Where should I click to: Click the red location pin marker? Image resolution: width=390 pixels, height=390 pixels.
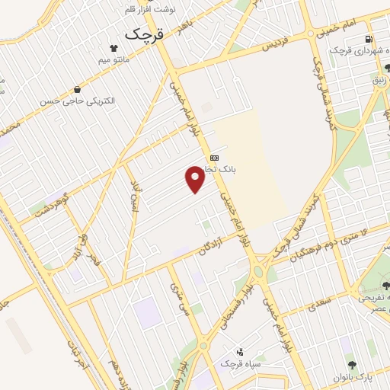196,178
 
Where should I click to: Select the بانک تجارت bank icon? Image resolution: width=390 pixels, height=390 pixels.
214,158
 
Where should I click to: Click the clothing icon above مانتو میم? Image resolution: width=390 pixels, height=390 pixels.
114,46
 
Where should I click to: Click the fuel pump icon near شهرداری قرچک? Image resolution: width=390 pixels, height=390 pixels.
369,39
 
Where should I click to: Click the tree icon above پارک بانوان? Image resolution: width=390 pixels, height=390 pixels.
351,366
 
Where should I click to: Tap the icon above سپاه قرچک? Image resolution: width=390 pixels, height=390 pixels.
240,352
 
